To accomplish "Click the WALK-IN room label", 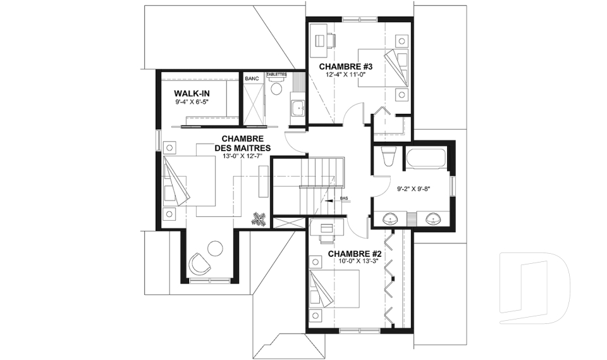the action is (192, 94).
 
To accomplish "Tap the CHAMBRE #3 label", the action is (341, 66).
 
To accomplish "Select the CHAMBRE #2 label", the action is (355, 254).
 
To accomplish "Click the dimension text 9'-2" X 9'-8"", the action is (414, 189).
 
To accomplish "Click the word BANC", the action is (252, 78).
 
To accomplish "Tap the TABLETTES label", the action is (276, 74).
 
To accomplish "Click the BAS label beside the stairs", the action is (344, 199).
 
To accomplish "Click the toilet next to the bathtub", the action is (388, 156).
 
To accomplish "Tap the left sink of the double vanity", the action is (391, 220).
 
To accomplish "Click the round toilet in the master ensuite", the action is (276, 86).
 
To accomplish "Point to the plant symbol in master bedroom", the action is (258, 219).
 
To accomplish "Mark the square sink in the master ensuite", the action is (298, 108).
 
